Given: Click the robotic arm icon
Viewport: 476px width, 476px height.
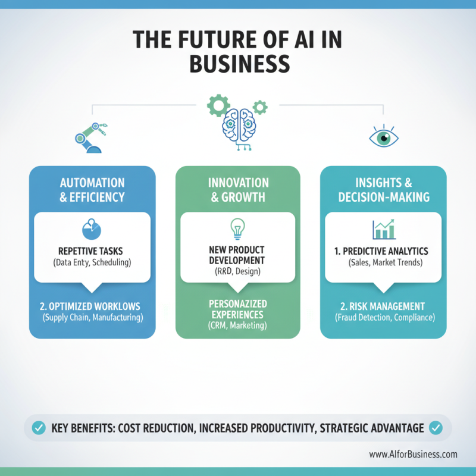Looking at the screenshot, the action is coord(90,138).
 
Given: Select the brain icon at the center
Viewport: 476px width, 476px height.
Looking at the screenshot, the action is coord(240,129).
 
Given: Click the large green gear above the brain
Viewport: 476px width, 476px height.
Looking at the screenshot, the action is coord(218,105).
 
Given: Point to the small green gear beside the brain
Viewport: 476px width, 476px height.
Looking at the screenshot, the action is coord(260,107).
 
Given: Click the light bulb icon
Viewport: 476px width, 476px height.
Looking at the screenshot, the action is coord(237,229).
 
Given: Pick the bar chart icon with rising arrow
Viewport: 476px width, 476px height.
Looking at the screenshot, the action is coord(384,229).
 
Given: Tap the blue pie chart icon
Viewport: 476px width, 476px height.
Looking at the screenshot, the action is coord(92,229).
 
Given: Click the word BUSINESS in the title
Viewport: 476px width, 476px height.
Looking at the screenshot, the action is coord(240,64).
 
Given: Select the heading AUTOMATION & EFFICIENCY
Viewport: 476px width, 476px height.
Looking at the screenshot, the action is coord(92,190).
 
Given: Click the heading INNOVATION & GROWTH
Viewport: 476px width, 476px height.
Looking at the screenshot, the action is coord(239,190).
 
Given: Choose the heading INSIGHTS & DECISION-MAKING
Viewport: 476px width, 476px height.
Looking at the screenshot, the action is coord(384,190).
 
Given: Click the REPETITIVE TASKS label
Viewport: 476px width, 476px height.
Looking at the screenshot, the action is coord(90,251).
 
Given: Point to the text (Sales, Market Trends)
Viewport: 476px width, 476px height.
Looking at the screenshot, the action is coord(385,262).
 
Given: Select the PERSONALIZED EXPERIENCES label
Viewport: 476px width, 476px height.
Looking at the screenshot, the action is coord(237,309).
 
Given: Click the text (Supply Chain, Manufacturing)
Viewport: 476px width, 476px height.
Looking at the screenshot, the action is coord(93,318).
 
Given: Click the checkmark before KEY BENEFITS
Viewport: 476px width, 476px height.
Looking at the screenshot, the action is coord(39,428).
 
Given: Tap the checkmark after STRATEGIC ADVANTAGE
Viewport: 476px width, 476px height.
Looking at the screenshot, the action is coord(436,428).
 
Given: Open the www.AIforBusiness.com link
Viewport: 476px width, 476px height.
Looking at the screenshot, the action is coord(413,455).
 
